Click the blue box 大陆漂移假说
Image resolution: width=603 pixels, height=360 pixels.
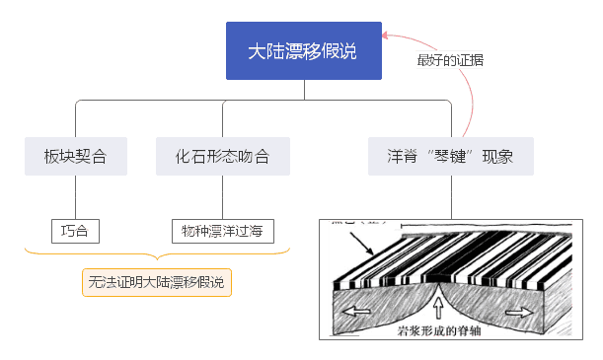coord(304,50)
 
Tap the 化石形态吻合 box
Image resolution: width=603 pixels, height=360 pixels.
coord(226,157)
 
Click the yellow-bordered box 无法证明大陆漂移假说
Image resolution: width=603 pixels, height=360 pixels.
coord(156,283)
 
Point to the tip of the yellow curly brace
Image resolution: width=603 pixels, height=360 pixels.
coord(156,262)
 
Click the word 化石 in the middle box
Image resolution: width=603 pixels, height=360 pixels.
coord(188,157)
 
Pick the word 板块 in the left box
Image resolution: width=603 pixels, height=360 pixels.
coord(57,157)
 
